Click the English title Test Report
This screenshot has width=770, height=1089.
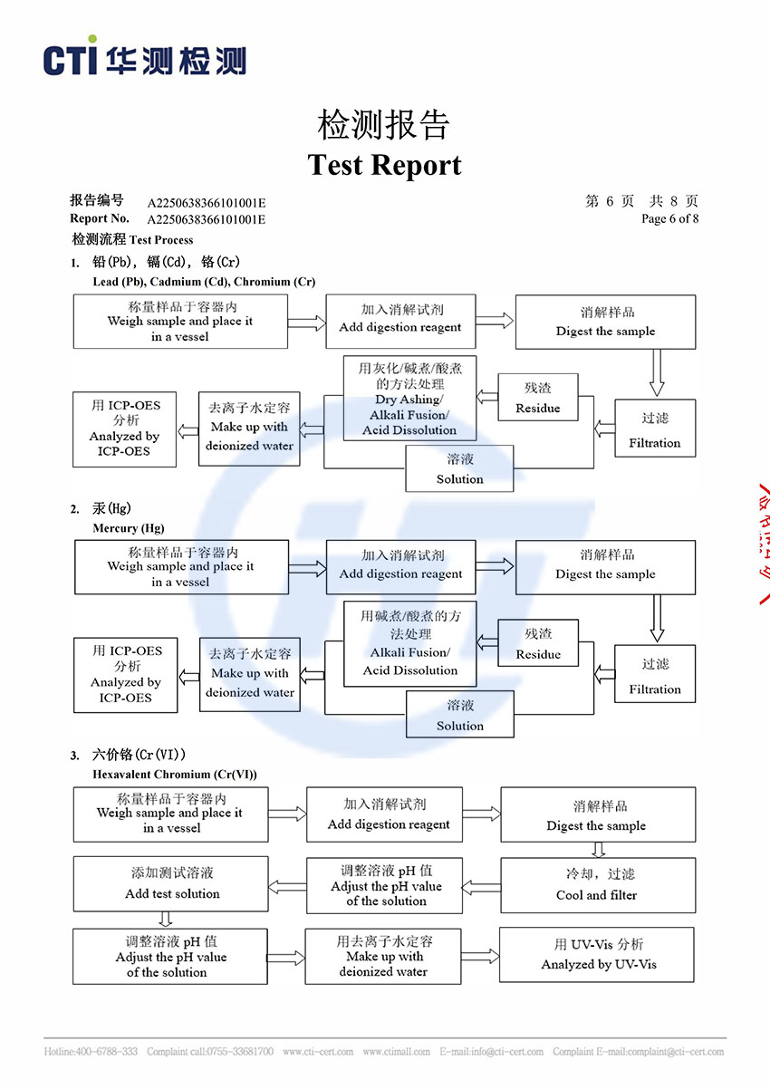tap(384, 165)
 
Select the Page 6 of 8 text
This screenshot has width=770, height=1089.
tap(669, 218)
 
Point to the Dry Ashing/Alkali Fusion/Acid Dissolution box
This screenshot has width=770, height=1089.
tap(409, 398)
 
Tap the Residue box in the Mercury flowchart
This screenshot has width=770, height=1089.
tap(538, 642)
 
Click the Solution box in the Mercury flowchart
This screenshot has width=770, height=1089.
tap(459, 714)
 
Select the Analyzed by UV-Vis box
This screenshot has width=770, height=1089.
tap(598, 955)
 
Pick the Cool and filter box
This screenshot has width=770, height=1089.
tap(596, 884)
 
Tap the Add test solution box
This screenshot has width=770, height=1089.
tap(171, 883)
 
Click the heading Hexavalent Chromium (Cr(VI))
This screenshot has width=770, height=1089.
tap(174, 775)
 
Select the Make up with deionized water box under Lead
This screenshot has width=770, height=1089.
tap(249, 429)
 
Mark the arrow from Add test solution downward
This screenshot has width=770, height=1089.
tap(166, 919)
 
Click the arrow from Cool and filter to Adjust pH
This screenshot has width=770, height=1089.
tap(481, 885)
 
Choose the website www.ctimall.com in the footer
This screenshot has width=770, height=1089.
tap(396, 1052)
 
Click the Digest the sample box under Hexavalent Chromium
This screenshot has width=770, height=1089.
tap(596, 814)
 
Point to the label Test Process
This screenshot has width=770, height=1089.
tap(161, 240)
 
